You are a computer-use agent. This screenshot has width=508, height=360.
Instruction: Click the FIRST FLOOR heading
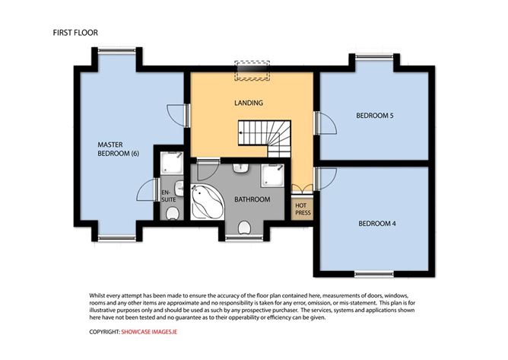point(75,33)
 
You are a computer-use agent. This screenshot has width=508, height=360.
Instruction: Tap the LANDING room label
point(249,103)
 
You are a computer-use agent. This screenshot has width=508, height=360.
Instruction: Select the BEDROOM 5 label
point(374,116)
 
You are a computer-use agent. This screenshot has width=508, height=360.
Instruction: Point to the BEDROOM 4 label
point(376,224)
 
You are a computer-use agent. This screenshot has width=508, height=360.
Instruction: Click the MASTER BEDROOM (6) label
point(118,149)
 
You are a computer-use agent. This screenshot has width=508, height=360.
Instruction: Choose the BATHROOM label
point(252,199)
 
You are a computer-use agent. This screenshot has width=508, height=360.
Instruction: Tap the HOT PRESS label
point(303,209)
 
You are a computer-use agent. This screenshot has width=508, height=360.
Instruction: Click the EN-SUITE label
point(169,196)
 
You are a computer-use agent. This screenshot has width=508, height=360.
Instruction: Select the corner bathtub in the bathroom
point(207,202)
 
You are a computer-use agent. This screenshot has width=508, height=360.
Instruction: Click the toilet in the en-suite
point(173,214)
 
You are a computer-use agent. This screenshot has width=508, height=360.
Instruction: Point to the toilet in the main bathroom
point(244,228)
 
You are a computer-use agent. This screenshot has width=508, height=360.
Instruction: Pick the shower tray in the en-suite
point(172,163)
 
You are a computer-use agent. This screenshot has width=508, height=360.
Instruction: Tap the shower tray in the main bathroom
point(273,176)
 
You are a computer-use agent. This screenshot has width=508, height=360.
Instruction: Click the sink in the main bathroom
point(240,168)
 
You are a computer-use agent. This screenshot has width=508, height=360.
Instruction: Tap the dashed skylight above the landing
point(252,70)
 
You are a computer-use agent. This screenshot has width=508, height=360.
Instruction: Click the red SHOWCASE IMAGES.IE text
point(149,332)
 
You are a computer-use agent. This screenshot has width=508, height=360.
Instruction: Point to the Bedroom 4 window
point(374,275)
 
